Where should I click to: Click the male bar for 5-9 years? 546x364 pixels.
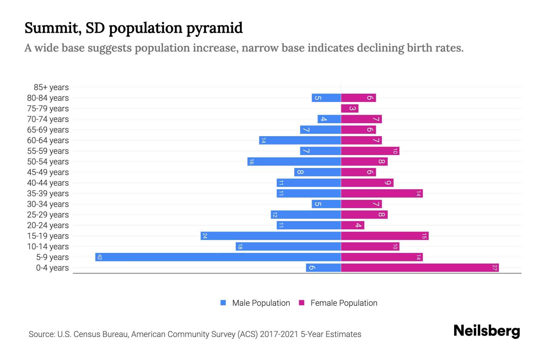click(218, 257)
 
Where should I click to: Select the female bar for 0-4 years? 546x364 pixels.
click(420, 268)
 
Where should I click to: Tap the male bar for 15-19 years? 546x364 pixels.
click(271, 236)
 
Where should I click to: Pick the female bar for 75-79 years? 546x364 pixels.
click(350, 109)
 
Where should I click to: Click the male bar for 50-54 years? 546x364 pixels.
click(294, 162)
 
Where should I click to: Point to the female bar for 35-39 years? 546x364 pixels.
click(382, 194)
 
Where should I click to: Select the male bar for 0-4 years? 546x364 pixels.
click(323, 268)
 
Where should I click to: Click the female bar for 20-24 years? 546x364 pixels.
click(352, 225)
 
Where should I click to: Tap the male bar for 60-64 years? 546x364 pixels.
click(300, 140)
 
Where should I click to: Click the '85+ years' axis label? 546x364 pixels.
click(51, 87)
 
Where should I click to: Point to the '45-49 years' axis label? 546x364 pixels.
click(48, 172)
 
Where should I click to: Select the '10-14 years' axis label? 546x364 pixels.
click(48, 247)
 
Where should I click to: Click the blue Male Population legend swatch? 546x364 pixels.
click(223, 303)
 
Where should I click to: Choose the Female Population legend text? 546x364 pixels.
click(344, 303)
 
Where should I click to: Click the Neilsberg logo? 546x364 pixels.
click(487, 331)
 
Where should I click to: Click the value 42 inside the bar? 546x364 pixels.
click(100, 257)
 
